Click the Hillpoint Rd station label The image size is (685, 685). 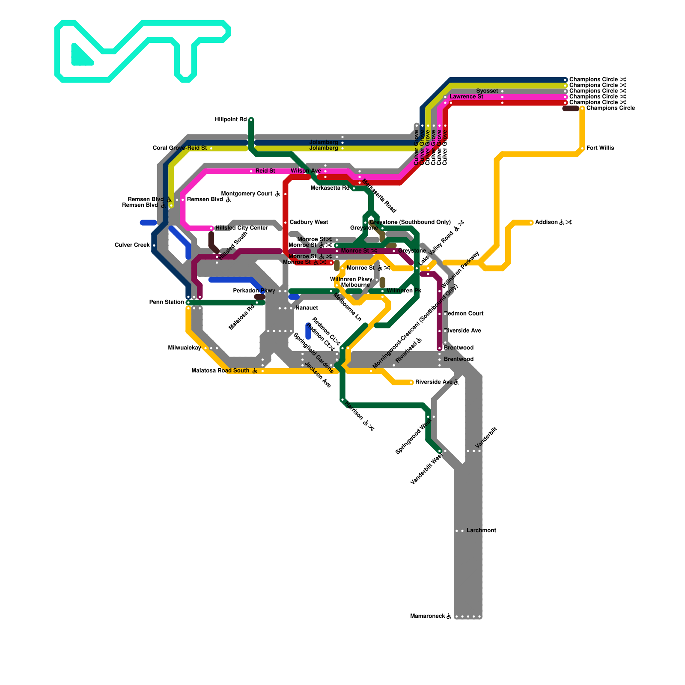point(230,119)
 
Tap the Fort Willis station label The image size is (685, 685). point(600,148)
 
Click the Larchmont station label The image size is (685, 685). point(481,530)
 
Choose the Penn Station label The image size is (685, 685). point(167,302)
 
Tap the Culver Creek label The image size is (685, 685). point(132,245)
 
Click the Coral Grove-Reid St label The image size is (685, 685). point(180,148)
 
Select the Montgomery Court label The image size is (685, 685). point(247,194)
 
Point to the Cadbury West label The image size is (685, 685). point(308,222)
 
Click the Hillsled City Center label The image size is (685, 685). point(241,228)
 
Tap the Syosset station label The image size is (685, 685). point(487,91)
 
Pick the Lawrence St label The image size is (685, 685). point(466,97)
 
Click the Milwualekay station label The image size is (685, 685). point(185,348)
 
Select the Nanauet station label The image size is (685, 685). point(307,308)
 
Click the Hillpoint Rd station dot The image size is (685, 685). point(251,119)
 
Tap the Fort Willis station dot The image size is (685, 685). point(582,148)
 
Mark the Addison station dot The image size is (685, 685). point(531,222)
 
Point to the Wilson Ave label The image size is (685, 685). point(306,171)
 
